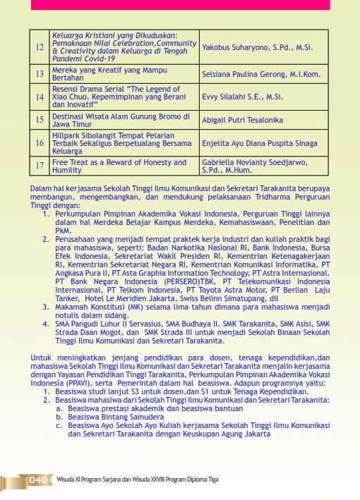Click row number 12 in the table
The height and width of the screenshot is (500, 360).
point(40,48)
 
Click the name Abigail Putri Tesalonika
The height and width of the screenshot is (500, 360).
point(244,119)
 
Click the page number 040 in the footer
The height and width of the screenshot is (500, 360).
point(38,480)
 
